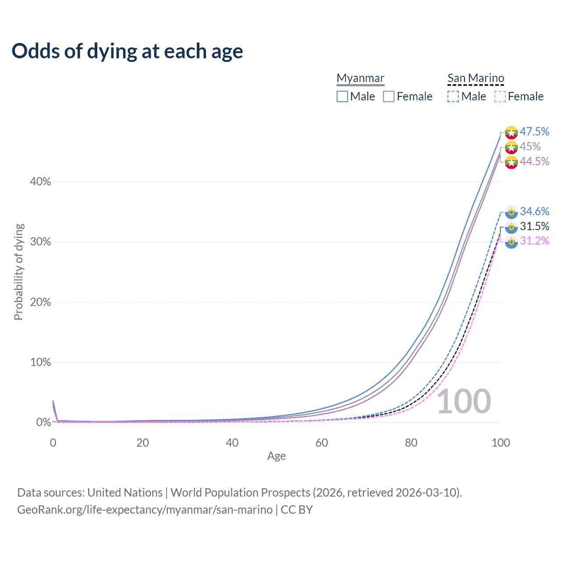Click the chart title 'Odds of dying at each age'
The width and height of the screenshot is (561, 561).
pos(127,51)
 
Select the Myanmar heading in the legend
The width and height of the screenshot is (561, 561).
pos(360,78)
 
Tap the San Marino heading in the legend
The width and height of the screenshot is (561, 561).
pos(476,78)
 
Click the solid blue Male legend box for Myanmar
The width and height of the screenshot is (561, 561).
pos(342,96)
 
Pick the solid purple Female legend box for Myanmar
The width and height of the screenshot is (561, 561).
pos(389,96)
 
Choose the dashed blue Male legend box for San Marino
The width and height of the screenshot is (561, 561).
pos(453,96)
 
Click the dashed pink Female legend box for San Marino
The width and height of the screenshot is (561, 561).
pos(500,96)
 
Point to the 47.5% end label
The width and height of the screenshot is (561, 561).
pos(534,131)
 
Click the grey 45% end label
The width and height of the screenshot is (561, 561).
pos(530,146)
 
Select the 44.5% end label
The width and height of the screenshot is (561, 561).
pos(534,161)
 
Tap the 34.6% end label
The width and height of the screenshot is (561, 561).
pos(534,211)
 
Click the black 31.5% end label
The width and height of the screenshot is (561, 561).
pos(534,226)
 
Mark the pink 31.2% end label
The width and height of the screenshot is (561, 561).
pos(534,241)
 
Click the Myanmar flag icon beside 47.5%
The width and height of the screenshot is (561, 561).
pos(511,132)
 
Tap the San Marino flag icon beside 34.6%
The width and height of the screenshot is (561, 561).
pos(511,212)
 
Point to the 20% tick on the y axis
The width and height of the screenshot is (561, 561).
pos(40,302)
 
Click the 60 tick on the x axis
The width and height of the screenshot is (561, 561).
pos(322,443)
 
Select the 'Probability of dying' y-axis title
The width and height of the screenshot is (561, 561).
pos(18,272)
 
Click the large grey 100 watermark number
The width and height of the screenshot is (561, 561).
pos(464,401)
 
